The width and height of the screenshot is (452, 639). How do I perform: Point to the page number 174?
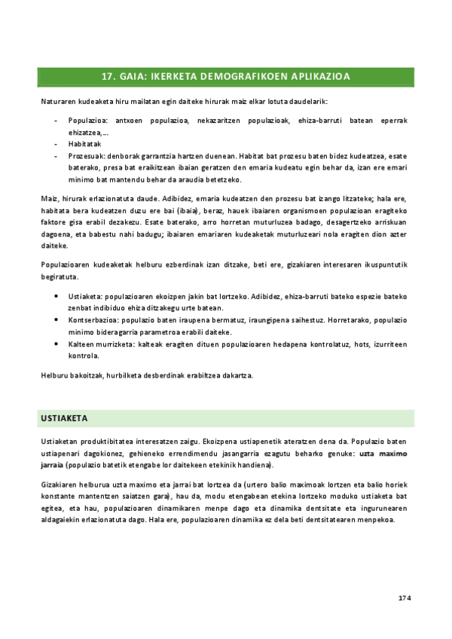[404, 598]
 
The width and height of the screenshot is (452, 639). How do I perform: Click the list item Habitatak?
[84, 142]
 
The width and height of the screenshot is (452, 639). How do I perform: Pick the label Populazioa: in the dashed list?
[88, 120]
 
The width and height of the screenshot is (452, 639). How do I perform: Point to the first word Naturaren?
[57, 101]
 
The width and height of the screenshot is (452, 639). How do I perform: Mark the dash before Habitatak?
[57, 142]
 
